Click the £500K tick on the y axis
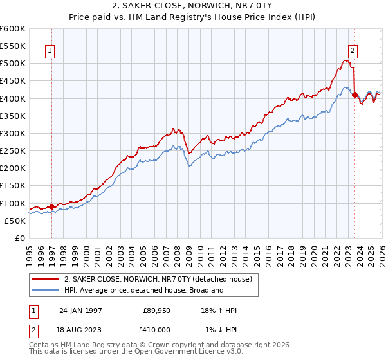[x=13, y=64]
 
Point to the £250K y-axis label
[x=13, y=151]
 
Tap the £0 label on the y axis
[x=20, y=239]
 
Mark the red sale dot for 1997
[x=52, y=206]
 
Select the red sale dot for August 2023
[x=354, y=94]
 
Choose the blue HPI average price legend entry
[x=143, y=290]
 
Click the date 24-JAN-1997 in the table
[x=82, y=310]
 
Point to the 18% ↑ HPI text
[x=219, y=310]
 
